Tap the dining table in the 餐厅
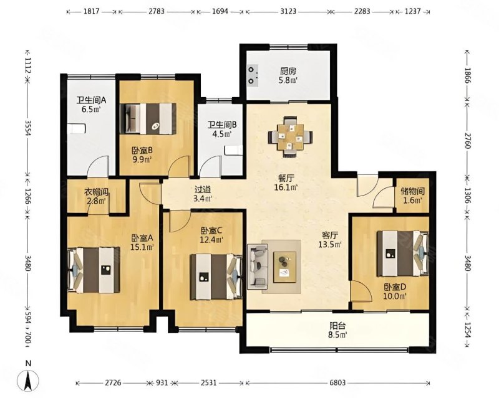coord(290,137)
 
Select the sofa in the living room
coord(257,267)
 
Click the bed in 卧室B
coord(148,118)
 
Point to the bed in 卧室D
coord(402,253)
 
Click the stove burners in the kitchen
coord(252,75)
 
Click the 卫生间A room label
coord(90,100)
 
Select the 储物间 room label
coord(413,191)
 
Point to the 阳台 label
coord(337,326)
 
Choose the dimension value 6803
coord(337,383)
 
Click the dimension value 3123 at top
coord(288,11)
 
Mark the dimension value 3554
coord(28,128)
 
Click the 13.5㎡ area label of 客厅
coord(331,244)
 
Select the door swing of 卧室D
coord(361,290)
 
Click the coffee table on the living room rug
coord(285,267)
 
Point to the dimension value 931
coord(162,383)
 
